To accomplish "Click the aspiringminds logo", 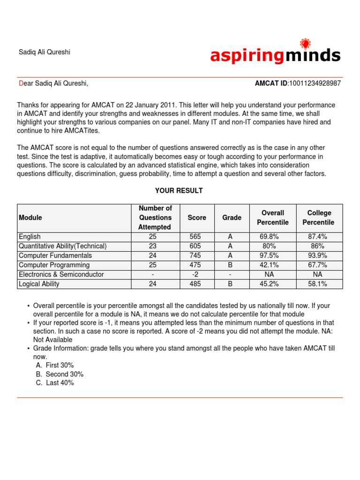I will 275,56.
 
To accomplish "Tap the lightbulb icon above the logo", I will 305,44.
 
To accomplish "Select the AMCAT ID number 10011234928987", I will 315,83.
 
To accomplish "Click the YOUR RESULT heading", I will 179,191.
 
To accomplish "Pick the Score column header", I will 197,217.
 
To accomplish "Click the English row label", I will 30,237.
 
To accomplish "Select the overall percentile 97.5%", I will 272,255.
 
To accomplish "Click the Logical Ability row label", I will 39,284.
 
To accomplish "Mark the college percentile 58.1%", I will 318,284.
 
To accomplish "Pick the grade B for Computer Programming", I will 232,265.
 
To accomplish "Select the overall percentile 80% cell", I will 272,246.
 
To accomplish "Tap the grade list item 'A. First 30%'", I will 55,365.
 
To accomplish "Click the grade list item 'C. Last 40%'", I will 55,383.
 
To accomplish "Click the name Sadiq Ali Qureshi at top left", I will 44,52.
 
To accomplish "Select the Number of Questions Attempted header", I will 155,217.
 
